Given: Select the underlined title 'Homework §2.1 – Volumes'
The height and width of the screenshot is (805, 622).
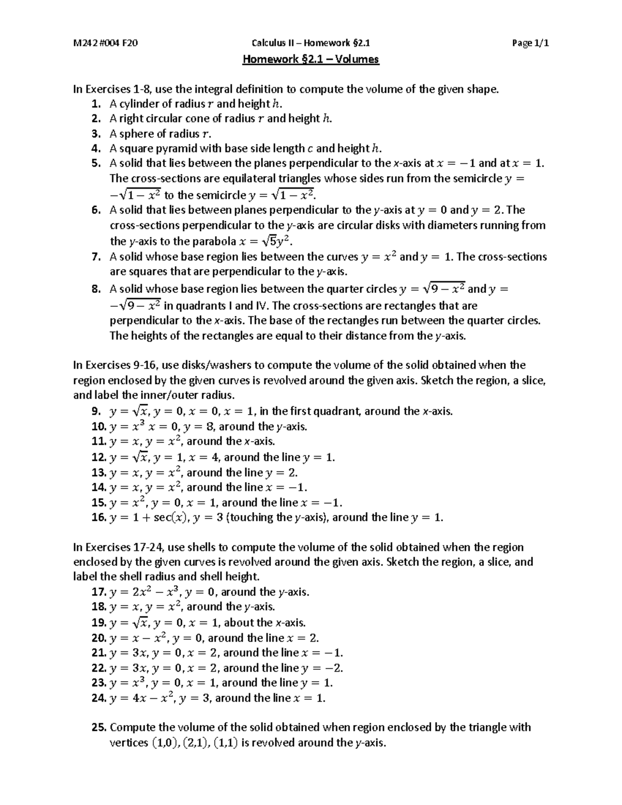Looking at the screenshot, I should point(311,59).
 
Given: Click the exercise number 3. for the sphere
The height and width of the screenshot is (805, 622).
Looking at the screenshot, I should point(96,134).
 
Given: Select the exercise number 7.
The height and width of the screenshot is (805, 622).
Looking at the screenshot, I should point(96,257).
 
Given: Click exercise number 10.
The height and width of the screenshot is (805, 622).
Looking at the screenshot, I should point(98,427).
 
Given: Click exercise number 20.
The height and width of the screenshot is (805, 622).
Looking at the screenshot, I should point(98,638).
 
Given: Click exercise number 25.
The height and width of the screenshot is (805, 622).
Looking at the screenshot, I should point(98,728).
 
